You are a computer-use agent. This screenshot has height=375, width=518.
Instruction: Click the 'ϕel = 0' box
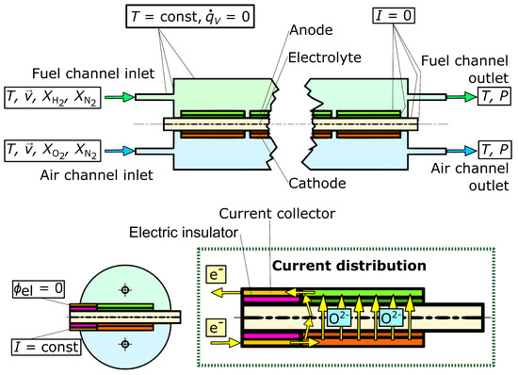[29, 287]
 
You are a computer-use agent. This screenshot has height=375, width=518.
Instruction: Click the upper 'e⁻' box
[214, 275]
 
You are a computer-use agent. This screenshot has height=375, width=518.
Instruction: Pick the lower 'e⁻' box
[214, 330]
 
